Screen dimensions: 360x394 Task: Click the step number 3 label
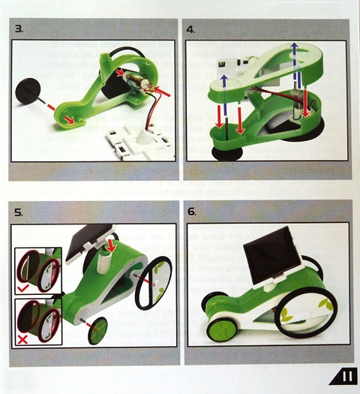tap(19, 29)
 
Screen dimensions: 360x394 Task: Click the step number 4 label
tap(190, 29)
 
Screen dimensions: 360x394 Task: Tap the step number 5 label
tap(19, 212)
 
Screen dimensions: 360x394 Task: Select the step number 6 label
tap(192, 212)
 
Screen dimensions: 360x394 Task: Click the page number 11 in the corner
tap(346, 376)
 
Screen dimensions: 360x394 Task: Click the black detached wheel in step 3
tap(28, 91)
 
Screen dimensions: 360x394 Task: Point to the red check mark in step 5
tap(23, 288)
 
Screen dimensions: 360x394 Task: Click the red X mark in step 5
tap(23, 340)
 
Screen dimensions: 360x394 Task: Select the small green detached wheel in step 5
tap(97, 330)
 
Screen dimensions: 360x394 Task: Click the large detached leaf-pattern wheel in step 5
tap(154, 283)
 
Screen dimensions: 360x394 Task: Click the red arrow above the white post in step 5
tap(110, 245)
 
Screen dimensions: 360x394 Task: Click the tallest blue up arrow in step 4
tap(295, 65)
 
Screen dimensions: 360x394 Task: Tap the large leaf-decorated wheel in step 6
tap(305, 312)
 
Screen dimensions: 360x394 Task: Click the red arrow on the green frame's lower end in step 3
tap(70, 119)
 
